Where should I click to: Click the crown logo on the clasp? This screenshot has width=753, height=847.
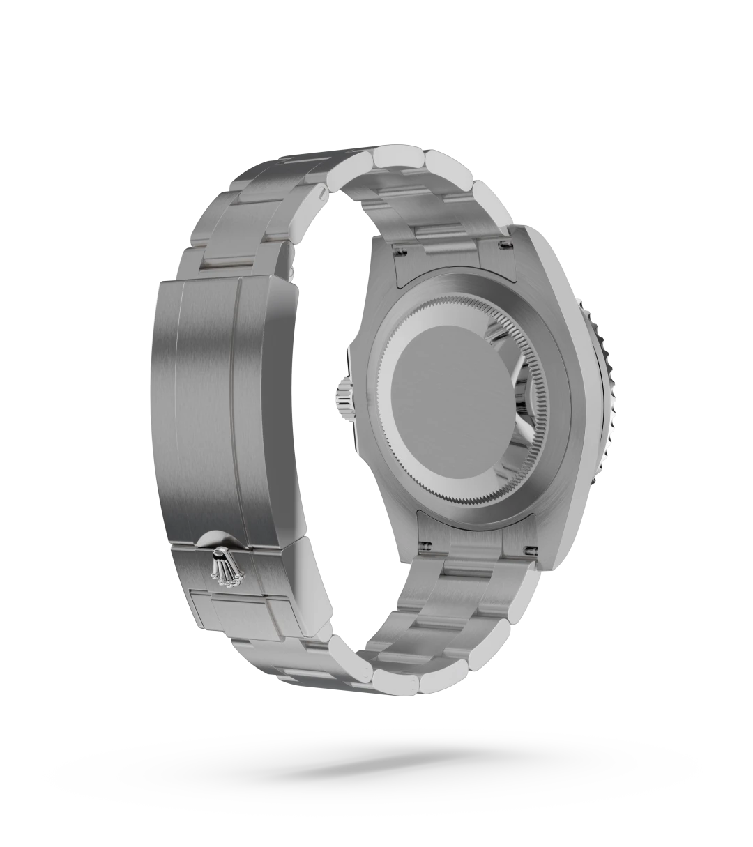[224, 568]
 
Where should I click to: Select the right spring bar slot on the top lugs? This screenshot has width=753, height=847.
[502, 243]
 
